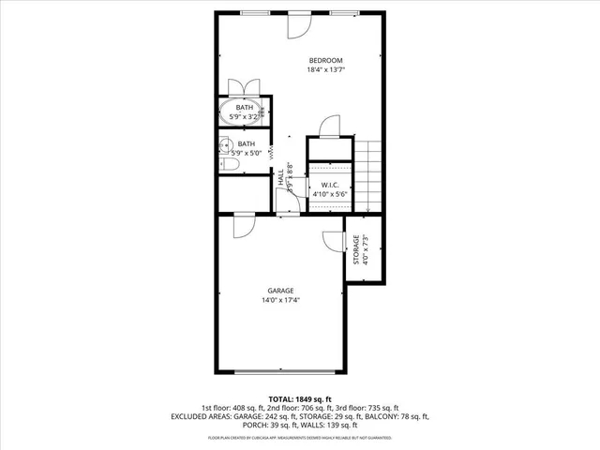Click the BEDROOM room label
(325, 60)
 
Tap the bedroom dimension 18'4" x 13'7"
(325, 70)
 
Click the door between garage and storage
(335, 239)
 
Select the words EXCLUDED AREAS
(200, 416)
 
